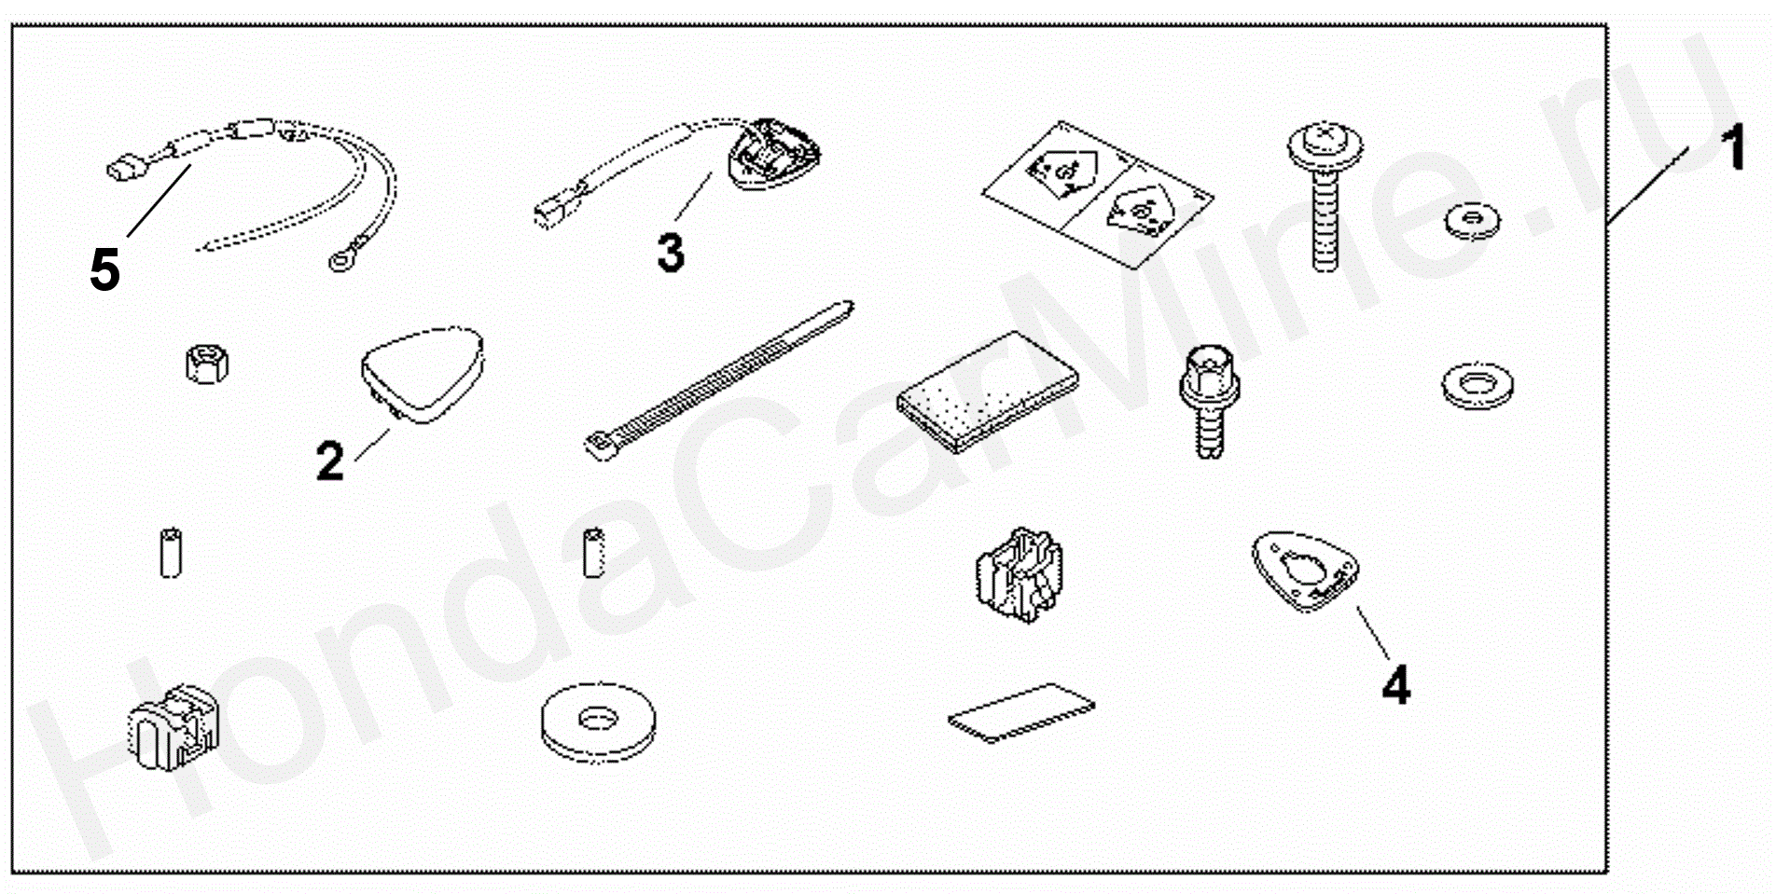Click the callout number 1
click(x=1733, y=149)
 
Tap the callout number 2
click(x=330, y=461)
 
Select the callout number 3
click(x=671, y=252)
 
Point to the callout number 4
click(x=1395, y=686)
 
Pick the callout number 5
click(x=105, y=270)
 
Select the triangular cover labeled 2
click(x=422, y=374)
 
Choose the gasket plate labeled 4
click(x=1305, y=571)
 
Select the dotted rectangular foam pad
click(x=987, y=385)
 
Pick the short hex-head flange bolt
click(x=1208, y=402)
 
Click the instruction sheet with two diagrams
click(x=1097, y=197)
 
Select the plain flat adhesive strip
click(x=1021, y=712)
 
